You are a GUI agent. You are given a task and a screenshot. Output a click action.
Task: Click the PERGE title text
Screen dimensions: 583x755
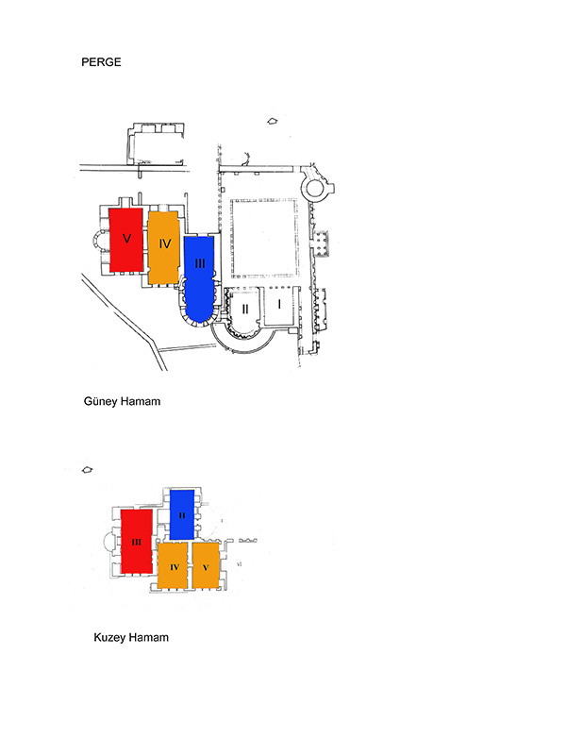point(101,62)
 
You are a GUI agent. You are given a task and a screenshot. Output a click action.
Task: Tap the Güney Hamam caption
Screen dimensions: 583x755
point(122,401)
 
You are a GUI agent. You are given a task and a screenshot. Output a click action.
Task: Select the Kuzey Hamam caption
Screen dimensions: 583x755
point(131,638)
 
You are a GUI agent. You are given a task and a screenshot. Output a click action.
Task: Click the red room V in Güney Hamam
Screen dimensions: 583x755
point(126,240)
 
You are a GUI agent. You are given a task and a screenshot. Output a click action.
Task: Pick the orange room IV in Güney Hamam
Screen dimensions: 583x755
point(164,246)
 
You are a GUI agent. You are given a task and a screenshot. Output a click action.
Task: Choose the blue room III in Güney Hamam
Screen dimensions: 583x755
point(199,277)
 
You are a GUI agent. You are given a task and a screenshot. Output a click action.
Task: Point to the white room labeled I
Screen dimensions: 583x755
point(279,306)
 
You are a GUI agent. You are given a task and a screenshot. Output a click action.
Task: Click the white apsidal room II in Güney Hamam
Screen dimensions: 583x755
point(244,310)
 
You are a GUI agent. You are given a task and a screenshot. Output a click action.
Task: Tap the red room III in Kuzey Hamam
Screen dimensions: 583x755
point(136,542)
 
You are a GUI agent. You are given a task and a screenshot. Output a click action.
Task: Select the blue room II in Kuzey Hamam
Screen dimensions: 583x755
point(182,514)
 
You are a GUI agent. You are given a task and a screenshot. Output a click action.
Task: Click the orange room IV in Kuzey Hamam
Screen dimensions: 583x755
point(173,565)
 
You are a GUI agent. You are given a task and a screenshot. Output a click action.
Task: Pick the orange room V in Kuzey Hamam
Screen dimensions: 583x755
point(206,565)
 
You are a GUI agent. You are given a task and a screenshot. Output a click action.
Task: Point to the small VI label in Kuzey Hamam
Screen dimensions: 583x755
point(240,563)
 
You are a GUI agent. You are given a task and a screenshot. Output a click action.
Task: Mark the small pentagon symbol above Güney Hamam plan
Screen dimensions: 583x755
point(273,122)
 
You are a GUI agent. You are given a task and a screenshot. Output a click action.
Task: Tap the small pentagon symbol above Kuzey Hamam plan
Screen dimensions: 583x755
point(87,470)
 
